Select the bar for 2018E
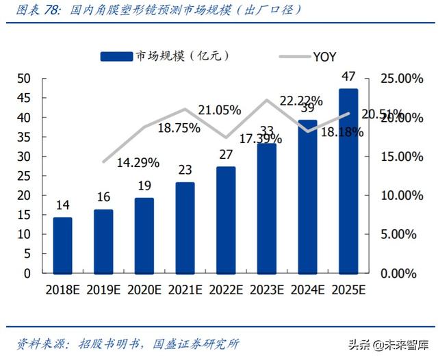[x=62, y=245]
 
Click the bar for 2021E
[x=185, y=227]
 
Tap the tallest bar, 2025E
[x=348, y=181]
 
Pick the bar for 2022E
[x=226, y=220]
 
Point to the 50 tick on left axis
[x=24, y=79]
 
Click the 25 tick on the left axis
[x=24, y=176]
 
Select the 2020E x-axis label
[x=144, y=290]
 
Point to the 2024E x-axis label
[x=307, y=290]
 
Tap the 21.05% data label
[x=219, y=110]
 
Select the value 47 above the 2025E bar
[x=348, y=76]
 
